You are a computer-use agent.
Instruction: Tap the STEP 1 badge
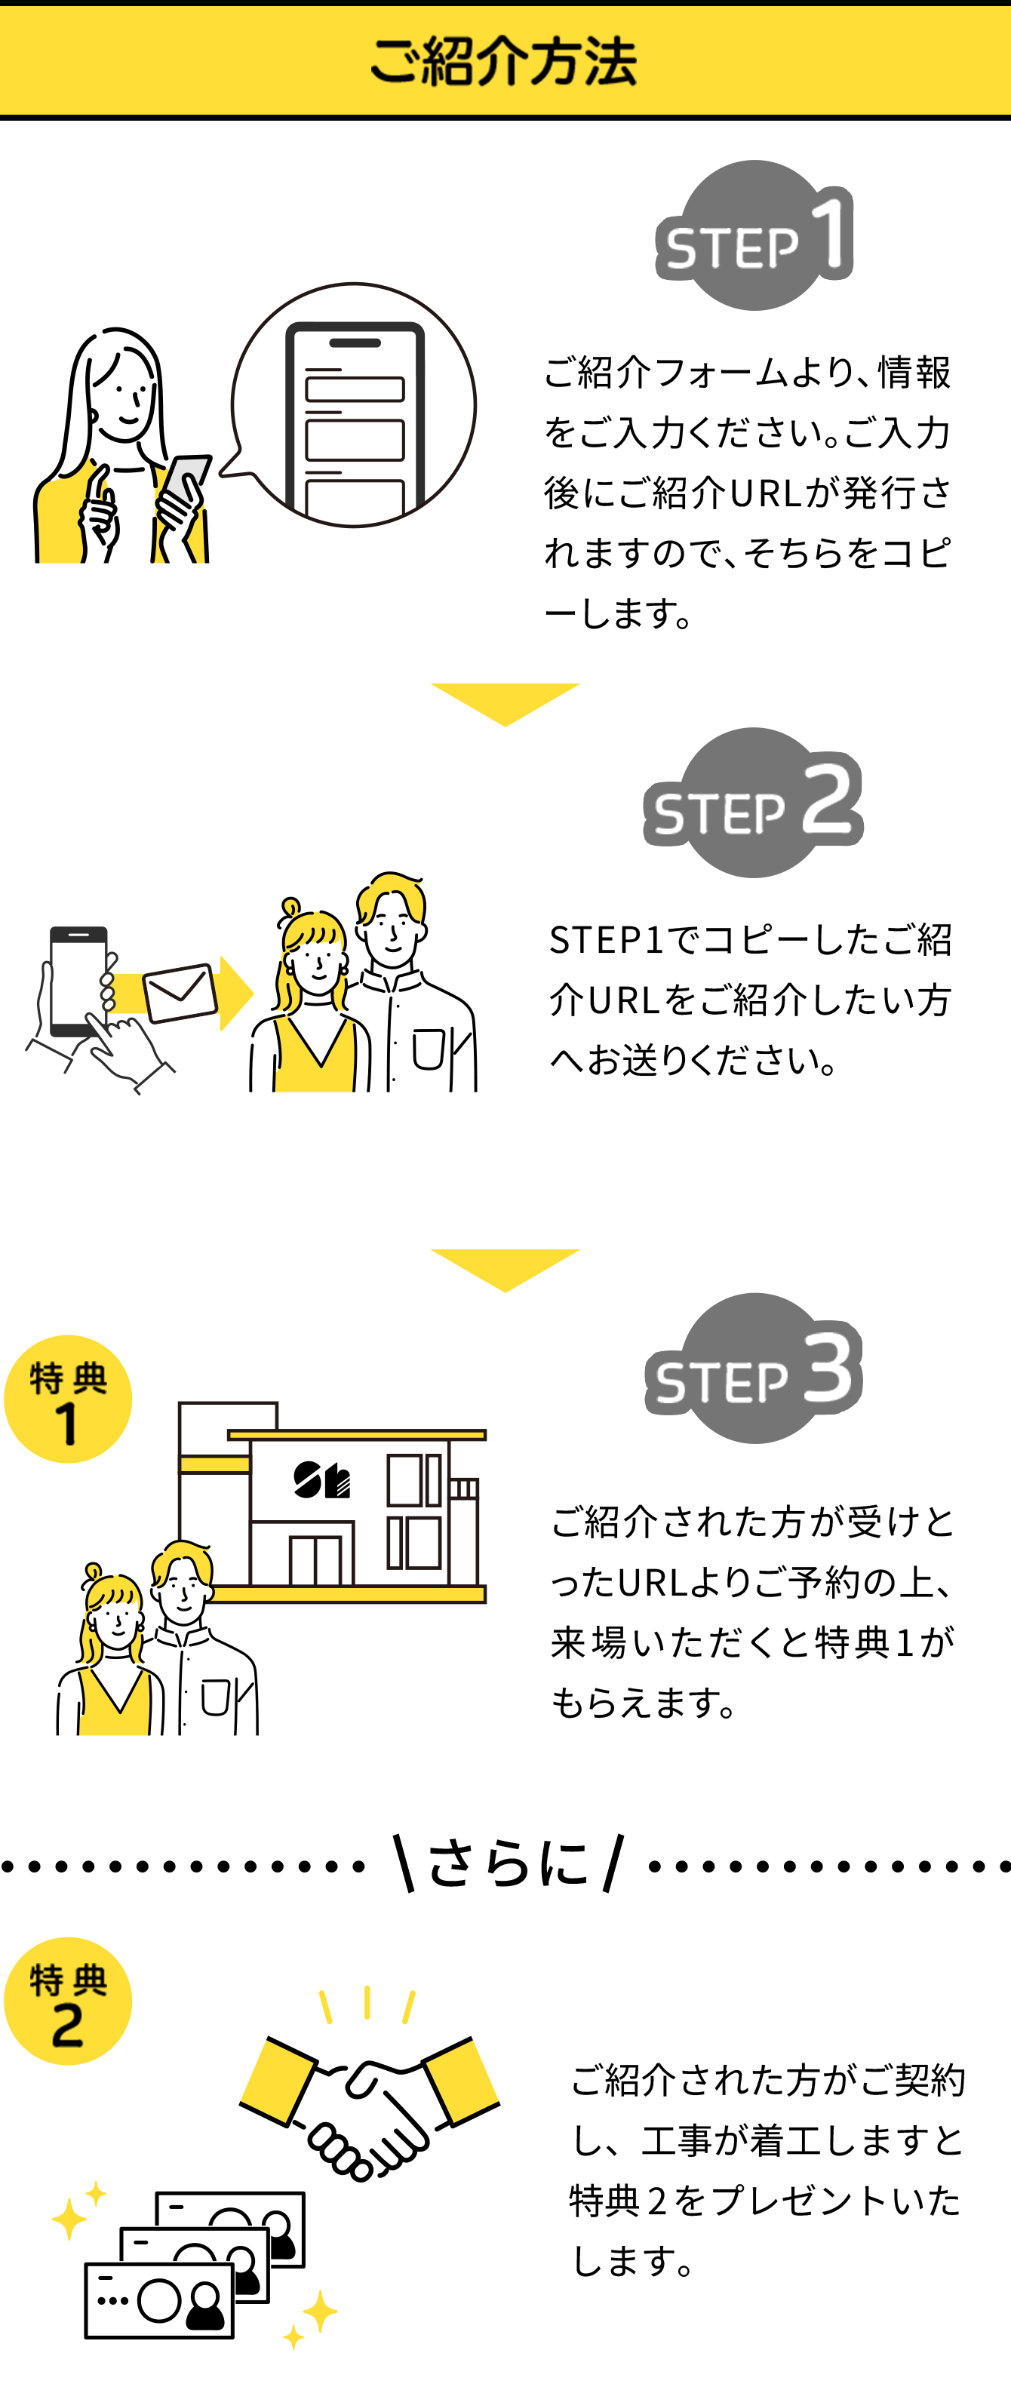click(x=754, y=236)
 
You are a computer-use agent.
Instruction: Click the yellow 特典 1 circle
click(x=68, y=1399)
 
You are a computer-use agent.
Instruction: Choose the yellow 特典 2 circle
click(x=68, y=2001)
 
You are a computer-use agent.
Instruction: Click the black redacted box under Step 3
click(x=751, y=1631)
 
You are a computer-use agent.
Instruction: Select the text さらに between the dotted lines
click(x=508, y=1863)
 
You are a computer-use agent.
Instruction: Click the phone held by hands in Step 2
click(x=78, y=981)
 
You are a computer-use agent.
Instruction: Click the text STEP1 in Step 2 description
click(x=607, y=939)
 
